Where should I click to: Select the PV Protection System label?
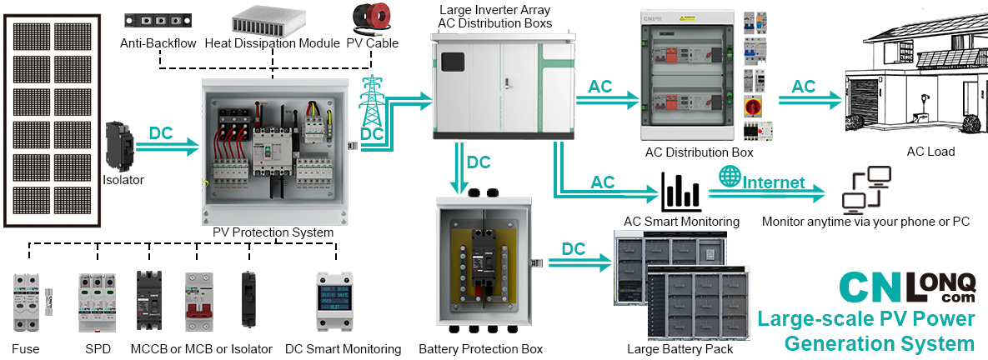point(273,232)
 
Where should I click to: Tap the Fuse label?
point(26,349)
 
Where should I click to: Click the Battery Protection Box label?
point(480,349)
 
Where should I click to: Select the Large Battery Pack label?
point(680,349)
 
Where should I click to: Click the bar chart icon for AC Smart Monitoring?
point(680,192)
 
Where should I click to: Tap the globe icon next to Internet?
point(730,177)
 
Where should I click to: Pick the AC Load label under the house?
point(930,152)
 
